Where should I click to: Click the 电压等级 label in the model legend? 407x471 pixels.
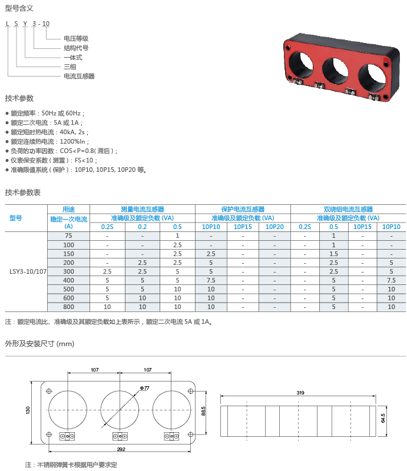pos(76,38)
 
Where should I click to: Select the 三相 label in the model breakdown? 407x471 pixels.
pos(70,67)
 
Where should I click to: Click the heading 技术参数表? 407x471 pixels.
pos(22,193)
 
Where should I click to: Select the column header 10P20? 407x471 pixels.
pos(274,227)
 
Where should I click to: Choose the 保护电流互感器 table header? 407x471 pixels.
pos(243,209)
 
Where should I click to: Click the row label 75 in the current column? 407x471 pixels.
pos(68,236)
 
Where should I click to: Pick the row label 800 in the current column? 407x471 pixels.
pos(68,307)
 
